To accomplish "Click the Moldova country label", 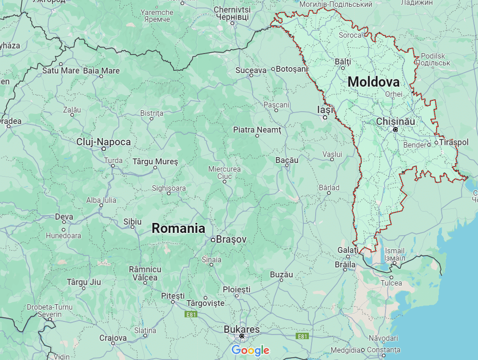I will coord(374,82).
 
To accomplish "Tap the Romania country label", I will coord(178,228).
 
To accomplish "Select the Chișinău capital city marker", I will coord(395,129).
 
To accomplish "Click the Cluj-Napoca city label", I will coord(103,142).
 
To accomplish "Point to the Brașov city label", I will coord(231,239).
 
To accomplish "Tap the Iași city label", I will coord(325,109).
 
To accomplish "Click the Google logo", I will coord(250,350).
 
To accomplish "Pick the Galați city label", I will coord(348,250).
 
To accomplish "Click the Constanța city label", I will coord(384,350).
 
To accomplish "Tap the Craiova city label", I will coord(113,338).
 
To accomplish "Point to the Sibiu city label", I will coord(132,222).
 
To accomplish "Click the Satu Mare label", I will coord(61,70).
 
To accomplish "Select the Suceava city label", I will coord(251,70).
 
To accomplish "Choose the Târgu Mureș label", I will coord(155,162).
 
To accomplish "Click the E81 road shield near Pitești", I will coord(191,314).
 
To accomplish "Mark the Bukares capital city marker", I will coord(242,336).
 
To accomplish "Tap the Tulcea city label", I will coord(391,283).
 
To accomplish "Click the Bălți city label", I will coord(343,61).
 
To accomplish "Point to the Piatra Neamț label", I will coord(257,130).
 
